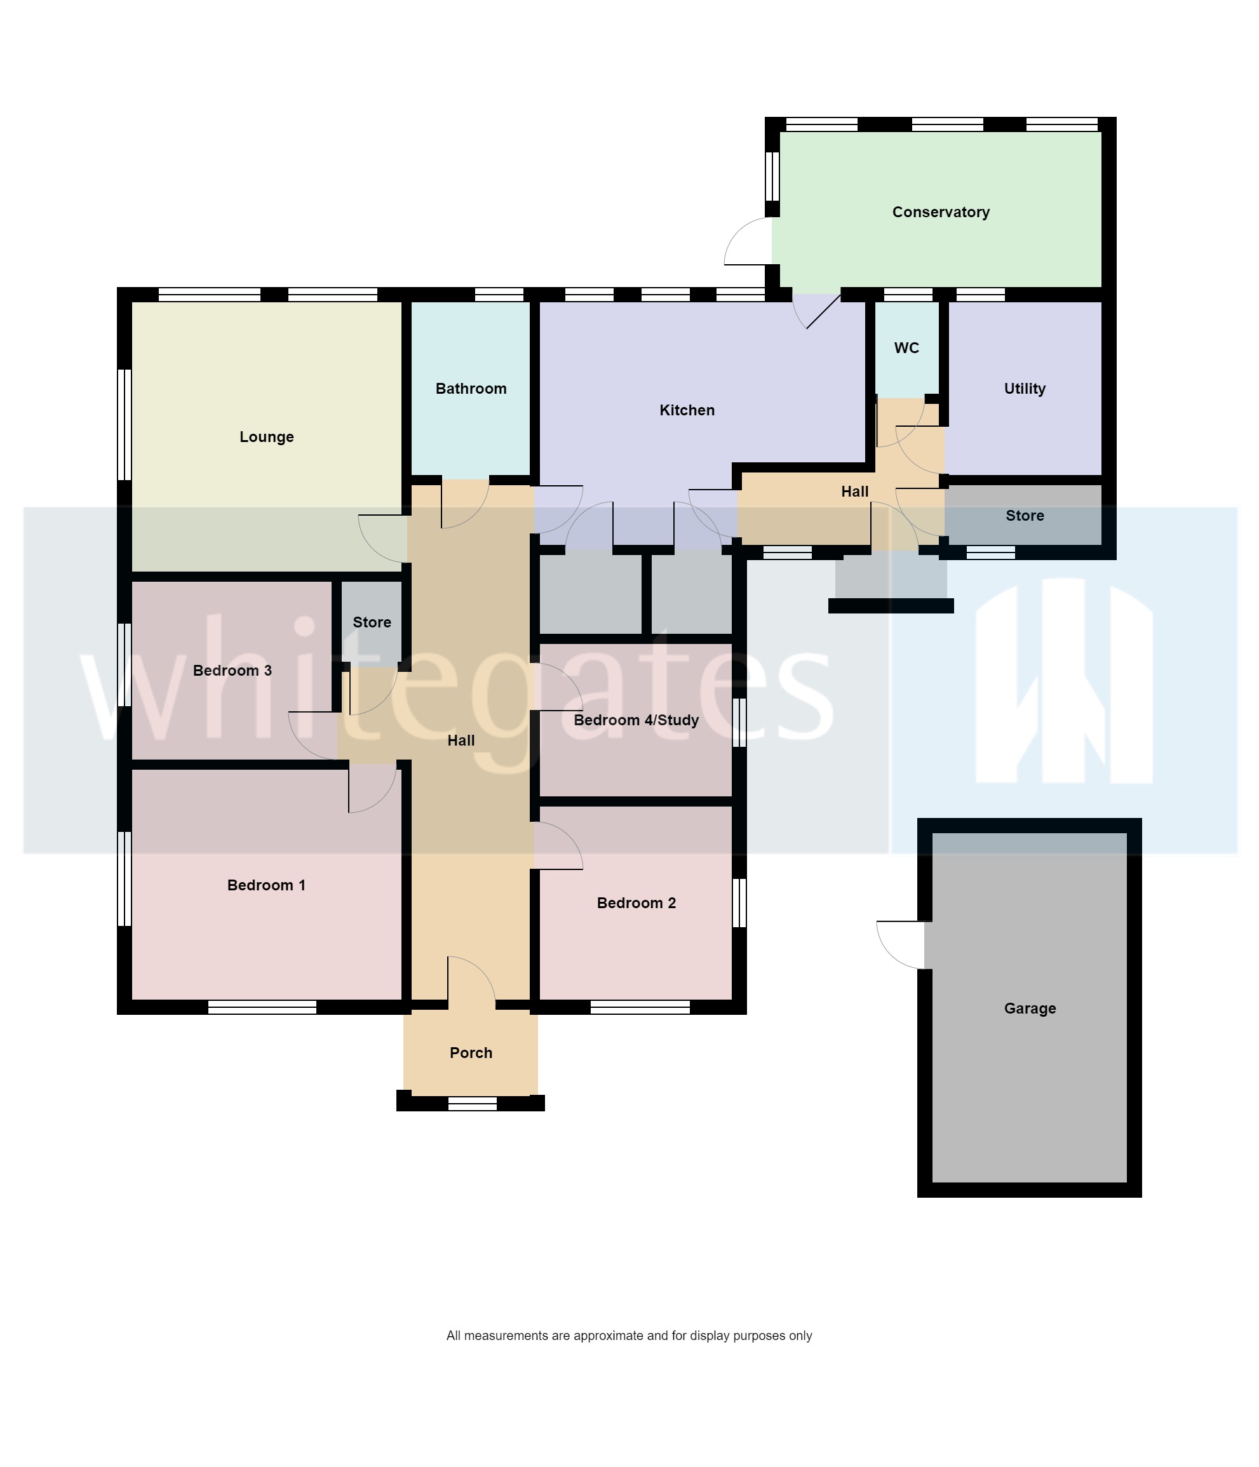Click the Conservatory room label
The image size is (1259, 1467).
(940, 211)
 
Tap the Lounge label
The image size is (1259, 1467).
(266, 437)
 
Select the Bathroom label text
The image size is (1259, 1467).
(471, 389)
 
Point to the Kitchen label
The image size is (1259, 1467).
(687, 410)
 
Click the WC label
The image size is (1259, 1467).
(906, 347)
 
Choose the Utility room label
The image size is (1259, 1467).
(1025, 389)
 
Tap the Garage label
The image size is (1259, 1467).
(1030, 1008)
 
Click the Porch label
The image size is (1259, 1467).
(471, 1053)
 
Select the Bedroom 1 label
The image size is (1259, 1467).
(266, 885)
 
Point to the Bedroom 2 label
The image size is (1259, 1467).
(636, 902)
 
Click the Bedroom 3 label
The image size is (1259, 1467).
(232, 671)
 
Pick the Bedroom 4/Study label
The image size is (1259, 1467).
(636, 720)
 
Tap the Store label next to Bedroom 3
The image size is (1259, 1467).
(372, 622)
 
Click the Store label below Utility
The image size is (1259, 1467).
(1025, 516)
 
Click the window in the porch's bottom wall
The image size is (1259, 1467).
(473, 1103)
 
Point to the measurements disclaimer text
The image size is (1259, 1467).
(629, 1336)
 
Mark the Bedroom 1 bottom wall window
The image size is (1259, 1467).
(262, 1007)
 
